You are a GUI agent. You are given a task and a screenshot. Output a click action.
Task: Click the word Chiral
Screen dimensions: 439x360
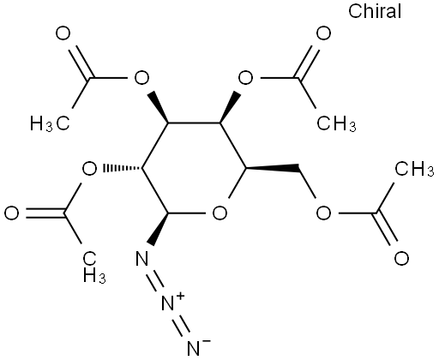(375, 11)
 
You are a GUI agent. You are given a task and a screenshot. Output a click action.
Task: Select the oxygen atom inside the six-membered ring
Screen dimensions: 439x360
(220, 213)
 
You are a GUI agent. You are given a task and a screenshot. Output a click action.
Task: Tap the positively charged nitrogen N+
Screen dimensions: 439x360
(168, 303)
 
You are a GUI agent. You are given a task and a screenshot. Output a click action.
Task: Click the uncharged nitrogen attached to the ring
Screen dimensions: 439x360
(142, 258)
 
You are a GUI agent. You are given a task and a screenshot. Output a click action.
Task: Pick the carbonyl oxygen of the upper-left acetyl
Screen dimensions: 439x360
(63, 33)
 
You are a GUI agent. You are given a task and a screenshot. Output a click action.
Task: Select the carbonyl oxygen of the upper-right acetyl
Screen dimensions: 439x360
(323, 33)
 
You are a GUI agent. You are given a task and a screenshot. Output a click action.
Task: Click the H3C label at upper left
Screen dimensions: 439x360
(50, 123)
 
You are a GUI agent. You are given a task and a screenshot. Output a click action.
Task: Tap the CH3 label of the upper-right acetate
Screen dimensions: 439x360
(337, 123)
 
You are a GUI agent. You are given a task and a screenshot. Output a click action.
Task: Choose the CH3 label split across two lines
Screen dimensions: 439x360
(94, 267)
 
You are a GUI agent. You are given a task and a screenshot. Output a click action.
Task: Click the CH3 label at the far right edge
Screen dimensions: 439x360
(414, 169)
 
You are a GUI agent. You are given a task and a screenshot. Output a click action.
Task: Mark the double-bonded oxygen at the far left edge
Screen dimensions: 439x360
(11, 213)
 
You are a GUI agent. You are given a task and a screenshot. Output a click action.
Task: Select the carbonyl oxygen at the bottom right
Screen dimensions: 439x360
(401, 258)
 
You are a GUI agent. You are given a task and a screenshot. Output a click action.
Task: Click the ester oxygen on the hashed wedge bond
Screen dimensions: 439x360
(89, 169)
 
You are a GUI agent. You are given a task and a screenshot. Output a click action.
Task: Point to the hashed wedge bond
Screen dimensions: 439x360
(123, 168)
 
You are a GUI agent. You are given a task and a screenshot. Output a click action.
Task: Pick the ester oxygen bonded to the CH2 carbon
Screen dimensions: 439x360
(323, 213)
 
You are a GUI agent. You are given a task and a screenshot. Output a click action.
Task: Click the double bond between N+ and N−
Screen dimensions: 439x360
(182, 327)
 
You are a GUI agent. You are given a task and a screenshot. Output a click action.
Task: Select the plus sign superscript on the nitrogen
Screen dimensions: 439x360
(180, 297)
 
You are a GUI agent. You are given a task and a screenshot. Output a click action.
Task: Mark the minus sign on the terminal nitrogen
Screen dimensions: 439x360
(207, 341)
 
